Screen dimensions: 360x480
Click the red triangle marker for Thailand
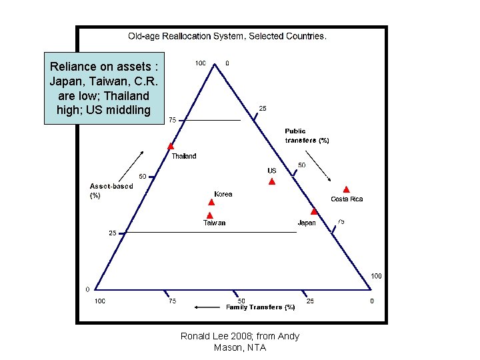click(x=171, y=146)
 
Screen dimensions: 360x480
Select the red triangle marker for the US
click(x=271, y=181)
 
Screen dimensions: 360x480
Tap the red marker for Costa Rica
click(x=346, y=189)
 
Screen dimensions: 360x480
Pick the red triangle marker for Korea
click(x=211, y=201)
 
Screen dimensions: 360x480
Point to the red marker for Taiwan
click(x=209, y=215)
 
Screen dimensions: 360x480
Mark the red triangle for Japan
click(x=314, y=211)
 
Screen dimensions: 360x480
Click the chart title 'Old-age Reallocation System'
click(x=227, y=36)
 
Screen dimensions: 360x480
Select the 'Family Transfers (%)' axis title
click(x=261, y=307)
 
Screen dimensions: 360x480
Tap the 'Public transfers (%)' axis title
click(x=307, y=136)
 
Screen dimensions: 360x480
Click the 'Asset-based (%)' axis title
click(x=111, y=191)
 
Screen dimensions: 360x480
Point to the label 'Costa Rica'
click(x=347, y=199)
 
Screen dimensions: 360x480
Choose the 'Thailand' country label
click(x=184, y=156)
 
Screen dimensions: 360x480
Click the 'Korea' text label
click(x=223, y=195)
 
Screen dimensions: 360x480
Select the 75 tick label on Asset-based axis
click(x=172, y=121)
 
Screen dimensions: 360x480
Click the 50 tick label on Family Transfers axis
click(x=241, y=301)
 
